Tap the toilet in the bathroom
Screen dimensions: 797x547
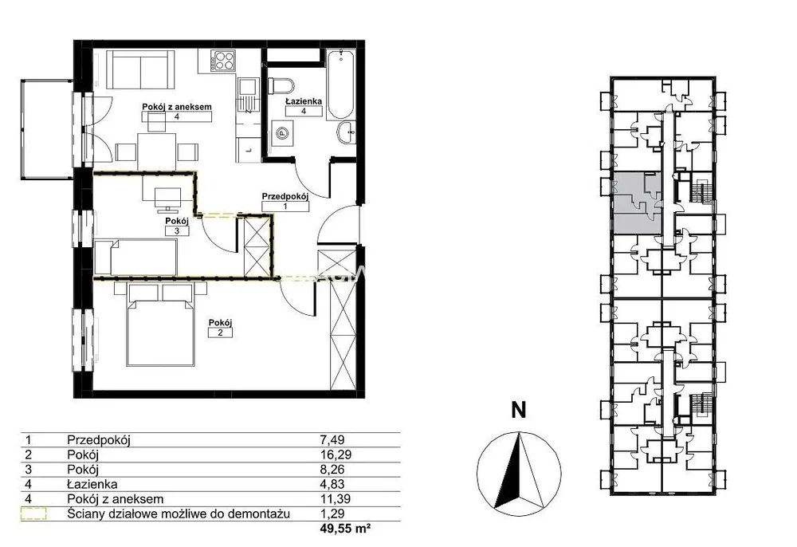pyautogui.click(x=281, y=85)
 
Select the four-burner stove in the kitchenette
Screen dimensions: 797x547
pyautogui.click(x=224, y=61)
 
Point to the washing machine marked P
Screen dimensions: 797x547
pyautogui.click(x=281, y=133)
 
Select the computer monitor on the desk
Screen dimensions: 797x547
pyautogui.click(x=167, y=199)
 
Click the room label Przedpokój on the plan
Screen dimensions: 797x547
pyautogui.click(x=285, y=196)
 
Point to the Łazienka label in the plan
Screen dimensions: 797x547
pyautogui.click(x=304, y=101)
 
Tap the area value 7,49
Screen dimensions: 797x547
pyautogui.click(x=332, y=439)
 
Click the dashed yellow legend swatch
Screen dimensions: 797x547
pyautogui.click(x=33, y=514)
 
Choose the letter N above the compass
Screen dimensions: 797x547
pyautogui.click(x=519, y=410)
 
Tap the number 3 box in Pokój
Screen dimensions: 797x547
pyautogui.click(x=177, y=230)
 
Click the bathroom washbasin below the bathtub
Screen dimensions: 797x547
pyautogui.click(x=347, y=133)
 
